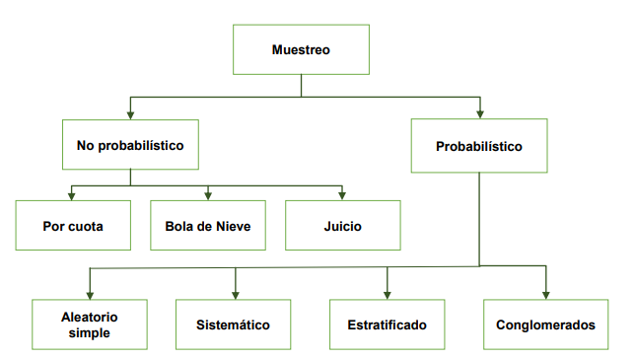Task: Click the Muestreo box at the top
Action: (x=301, y=49)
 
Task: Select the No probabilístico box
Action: (x=130, y=145)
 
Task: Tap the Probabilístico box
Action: (x=479, y=146)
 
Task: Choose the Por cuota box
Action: (x=73, y=226)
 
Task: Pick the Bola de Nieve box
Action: (x=208, y=226)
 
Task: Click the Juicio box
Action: (x=342, y=226)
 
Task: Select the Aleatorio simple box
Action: (x=90, y=324)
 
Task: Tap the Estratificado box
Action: (x=388, y=324)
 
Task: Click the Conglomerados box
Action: (x=545, y=324)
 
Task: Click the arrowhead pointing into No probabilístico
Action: (x=130, y=113)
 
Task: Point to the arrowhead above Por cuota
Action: (x=72, y=194)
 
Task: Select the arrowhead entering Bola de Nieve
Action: (x=208, y=194)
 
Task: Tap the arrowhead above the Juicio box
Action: (x=342, y=194)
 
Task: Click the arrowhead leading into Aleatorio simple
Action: (x=90, y=293)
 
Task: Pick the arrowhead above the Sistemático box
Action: (x=236, y=293)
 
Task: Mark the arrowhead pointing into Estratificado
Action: (x=388, y=293)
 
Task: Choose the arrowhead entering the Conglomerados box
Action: (x=545, y=293)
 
